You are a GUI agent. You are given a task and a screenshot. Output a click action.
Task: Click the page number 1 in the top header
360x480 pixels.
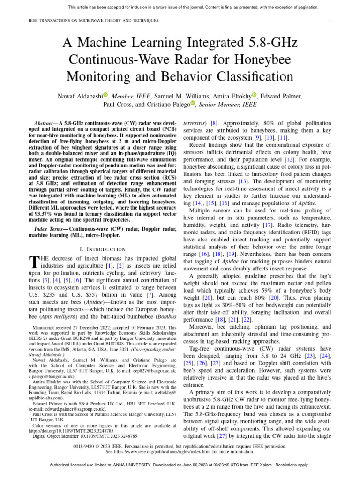pyautogui.click(x=330, y=21)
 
